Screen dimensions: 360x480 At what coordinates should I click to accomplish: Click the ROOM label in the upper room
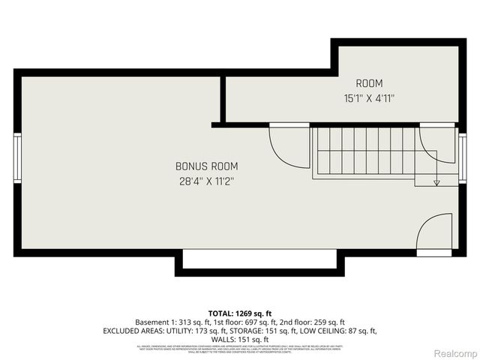pyautogui.click(x=369, y=83)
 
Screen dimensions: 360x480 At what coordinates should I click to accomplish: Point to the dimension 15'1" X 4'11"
pyautogui.click(x=369, y=97)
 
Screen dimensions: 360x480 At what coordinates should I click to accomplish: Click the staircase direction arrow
pyautogui.click(x=436, y=183)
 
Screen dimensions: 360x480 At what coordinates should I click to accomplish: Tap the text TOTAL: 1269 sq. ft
pyautogui.click(x=239, y=313)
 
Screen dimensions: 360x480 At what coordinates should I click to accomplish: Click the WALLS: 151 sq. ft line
pyautogui.click(x=239, y=340)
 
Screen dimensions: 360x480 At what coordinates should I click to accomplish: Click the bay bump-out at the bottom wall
pyautogui.click(x=260, y=262)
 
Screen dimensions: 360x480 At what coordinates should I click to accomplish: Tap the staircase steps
pyautogui.click(x=363, y=151)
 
